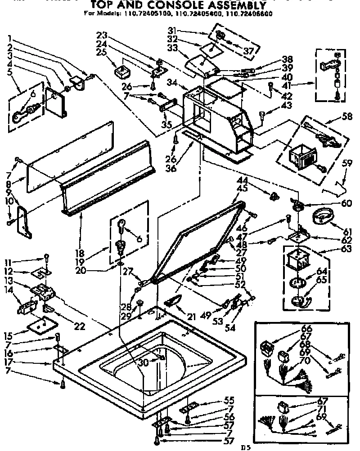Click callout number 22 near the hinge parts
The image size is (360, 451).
[x=80, y=326]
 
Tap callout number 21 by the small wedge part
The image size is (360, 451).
[x=191, y=317]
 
